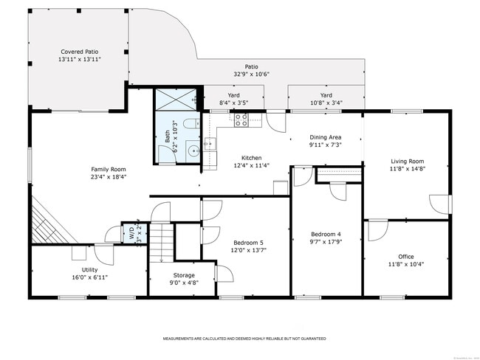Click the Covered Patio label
(x=80, y=52)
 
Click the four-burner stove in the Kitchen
(x=241, y=121)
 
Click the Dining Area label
(x=325, y=137)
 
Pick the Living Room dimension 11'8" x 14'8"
(x=407, y=169)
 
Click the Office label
(x=406, y=257)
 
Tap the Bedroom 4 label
(x=325, y=235)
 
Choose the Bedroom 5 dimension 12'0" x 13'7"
(x=248, y=250)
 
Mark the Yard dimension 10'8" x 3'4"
(x=326, y=103)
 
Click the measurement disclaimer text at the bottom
(x=244, y=339)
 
